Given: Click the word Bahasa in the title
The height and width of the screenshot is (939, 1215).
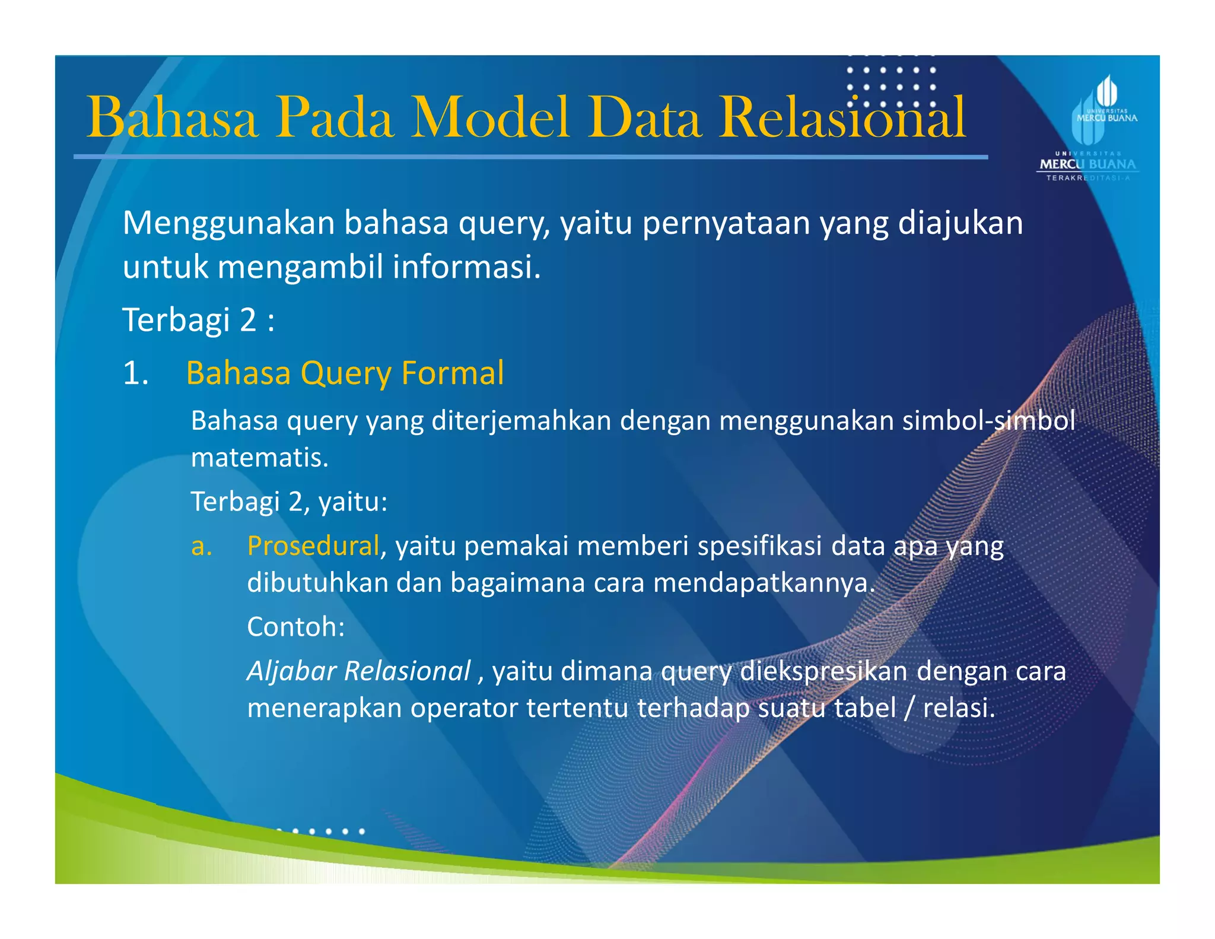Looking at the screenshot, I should click(172, 118).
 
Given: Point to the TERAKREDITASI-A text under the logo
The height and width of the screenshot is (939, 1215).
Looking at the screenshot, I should click(1087, 178).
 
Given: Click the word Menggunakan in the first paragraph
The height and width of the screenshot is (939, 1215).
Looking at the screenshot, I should click(228, 224).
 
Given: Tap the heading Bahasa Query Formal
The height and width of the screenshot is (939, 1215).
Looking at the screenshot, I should click(345, 373).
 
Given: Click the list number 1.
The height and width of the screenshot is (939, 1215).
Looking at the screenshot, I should click(135, 374).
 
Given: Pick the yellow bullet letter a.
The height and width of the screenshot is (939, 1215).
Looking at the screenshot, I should click(202, 547).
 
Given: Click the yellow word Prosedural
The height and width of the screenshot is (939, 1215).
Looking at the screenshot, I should click(313, 545).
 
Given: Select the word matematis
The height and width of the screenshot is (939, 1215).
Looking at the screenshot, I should click(259, 458).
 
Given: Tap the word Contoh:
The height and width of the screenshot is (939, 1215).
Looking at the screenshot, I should click(295, 627).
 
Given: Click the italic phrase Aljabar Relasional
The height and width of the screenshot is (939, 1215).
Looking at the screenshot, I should click(359, 671).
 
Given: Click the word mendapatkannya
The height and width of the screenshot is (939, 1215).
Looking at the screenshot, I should click(764, 583).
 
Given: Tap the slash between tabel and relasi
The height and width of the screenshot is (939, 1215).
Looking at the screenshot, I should click(909, 708).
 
